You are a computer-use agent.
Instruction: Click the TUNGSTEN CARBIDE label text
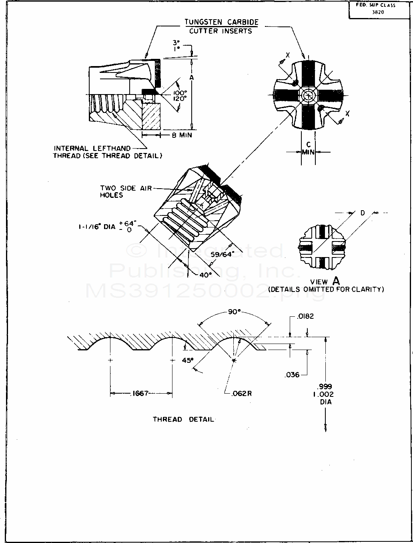coord(221,22)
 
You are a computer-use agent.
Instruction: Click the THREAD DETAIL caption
coord(183,419)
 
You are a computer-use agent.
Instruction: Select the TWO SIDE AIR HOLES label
coord(126,191)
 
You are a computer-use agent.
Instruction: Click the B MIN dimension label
coord(182,135)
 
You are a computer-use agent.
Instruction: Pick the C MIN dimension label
coord(308,148)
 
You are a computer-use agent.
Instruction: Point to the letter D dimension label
coord(363,213)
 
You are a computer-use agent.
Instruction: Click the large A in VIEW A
coord(335,281)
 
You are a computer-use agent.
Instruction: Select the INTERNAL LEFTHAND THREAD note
coord(107,152)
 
